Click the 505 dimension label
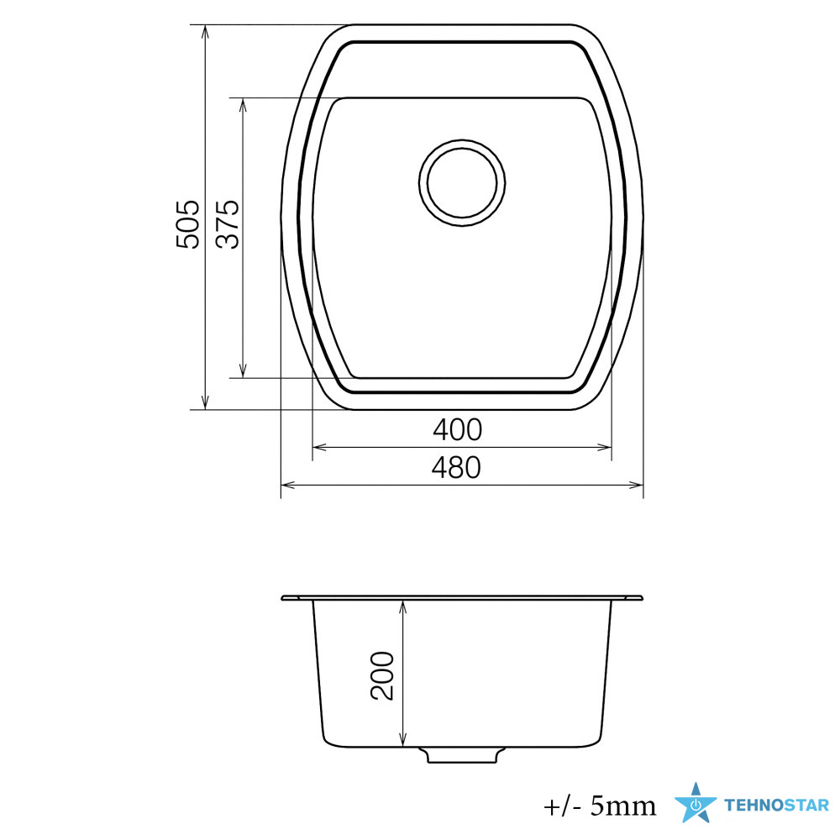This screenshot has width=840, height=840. [187, 224]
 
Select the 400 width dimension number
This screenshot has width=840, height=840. [458, 429]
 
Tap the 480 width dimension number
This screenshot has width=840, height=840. [456, 468]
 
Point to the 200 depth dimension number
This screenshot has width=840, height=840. [382, 675]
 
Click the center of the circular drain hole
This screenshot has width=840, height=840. [462, 182]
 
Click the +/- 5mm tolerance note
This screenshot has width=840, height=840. [600, 806]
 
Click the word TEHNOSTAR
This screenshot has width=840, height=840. [776, 806]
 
